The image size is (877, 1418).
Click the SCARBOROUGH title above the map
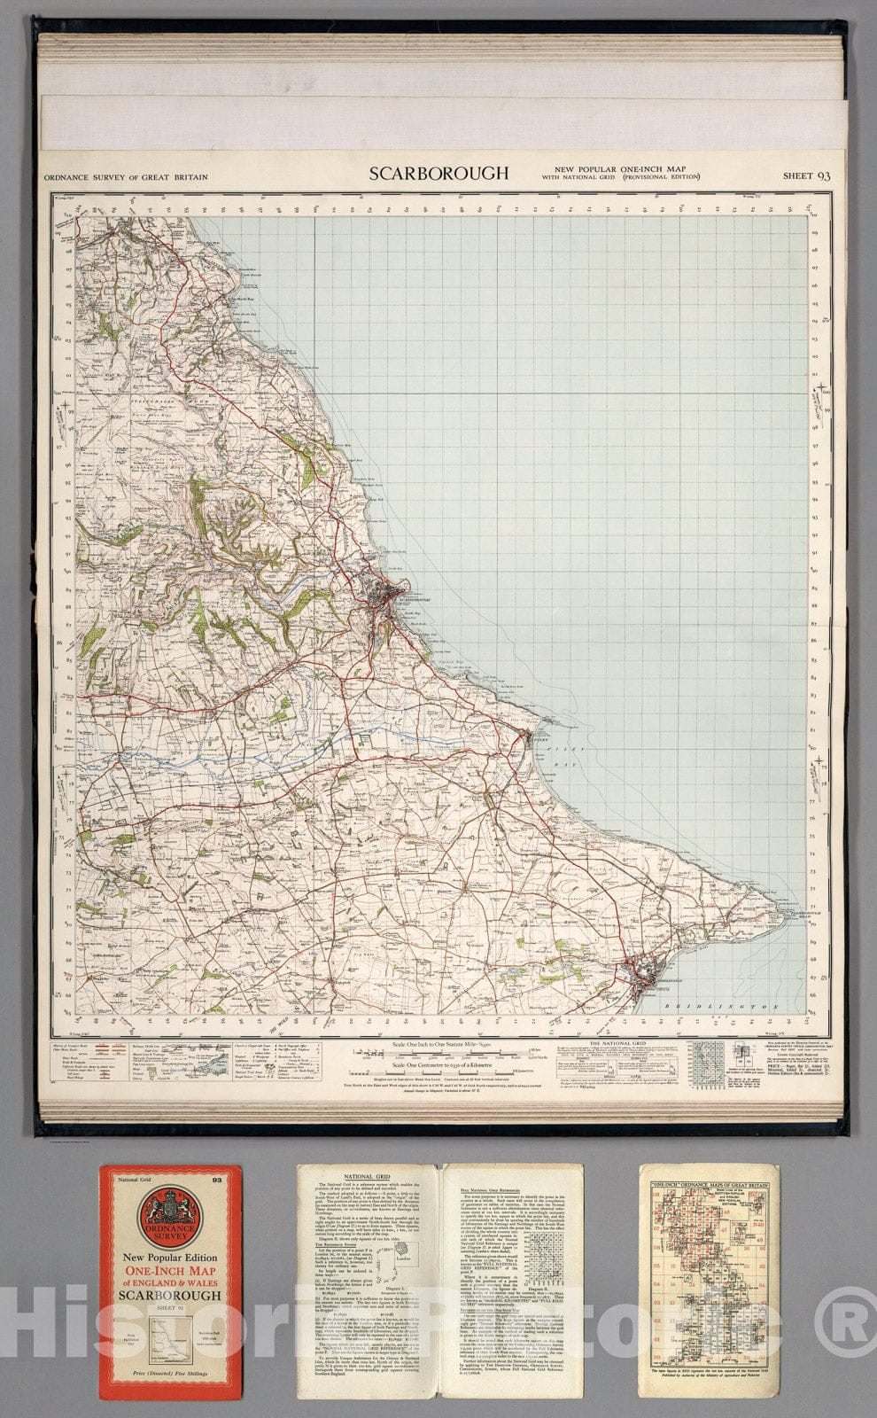(x=438, y=174)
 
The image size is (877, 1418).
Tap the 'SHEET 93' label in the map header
(x=806, y=175)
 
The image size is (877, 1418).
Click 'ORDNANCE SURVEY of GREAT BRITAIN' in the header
(x=125, y=177)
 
